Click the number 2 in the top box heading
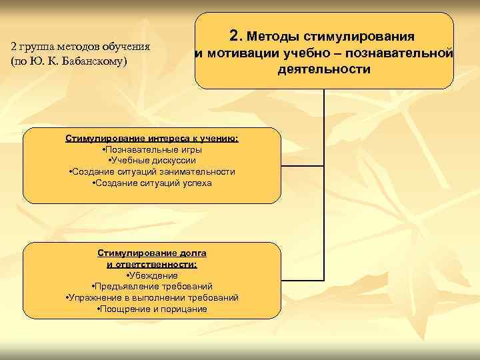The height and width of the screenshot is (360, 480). [233, 35]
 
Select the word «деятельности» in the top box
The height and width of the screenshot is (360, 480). [325, 69]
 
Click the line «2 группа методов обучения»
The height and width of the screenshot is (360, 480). [80, 47]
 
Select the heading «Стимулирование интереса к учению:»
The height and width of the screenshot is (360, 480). [152, 139]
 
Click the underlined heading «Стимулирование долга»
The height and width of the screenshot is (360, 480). [152, 254]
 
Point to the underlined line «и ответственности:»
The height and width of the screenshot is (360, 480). [152, 264]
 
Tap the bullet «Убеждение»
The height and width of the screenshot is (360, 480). [152, 275]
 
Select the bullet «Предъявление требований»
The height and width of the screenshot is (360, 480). [152, 287]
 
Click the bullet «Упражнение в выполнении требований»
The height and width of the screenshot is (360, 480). [152, 297]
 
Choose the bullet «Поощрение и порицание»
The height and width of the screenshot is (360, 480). [152, 309]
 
